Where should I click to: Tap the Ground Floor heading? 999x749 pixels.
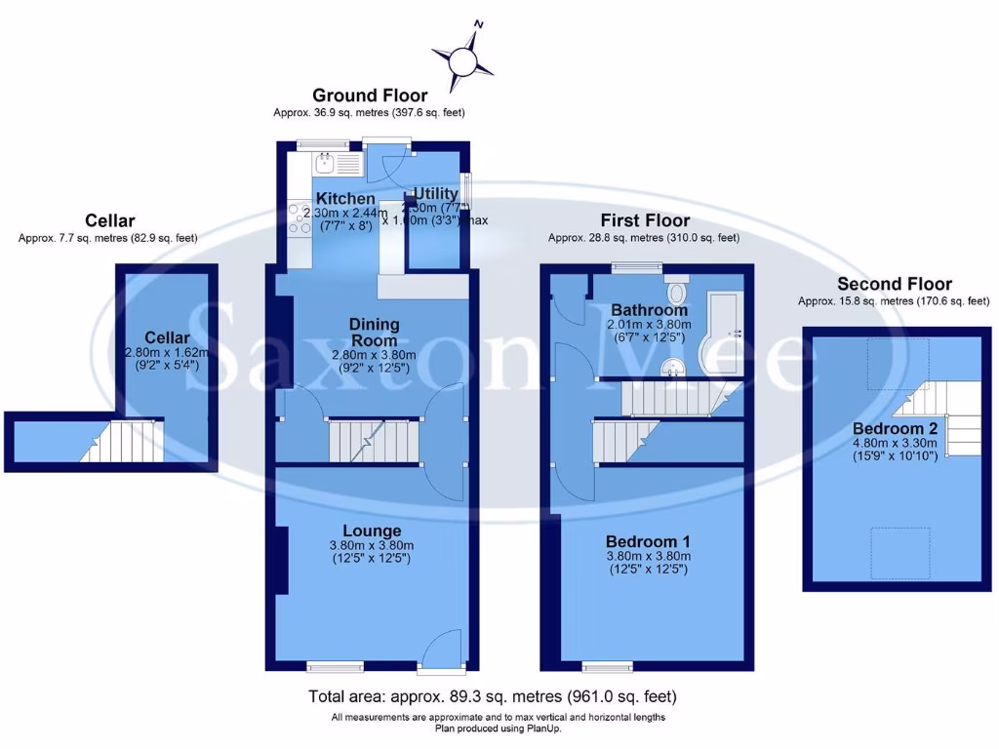coord(369,96)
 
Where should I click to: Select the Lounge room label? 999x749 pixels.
coord(372,531)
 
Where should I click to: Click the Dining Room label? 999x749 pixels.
coord(376,333)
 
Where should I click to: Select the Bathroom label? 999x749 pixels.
coord(644,310)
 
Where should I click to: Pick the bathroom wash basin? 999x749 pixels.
coord(671,366)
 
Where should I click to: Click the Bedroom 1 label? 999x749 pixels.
coord(649,542)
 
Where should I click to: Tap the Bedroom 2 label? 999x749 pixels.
coord(895,429)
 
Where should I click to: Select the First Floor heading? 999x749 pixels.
coord(645,220)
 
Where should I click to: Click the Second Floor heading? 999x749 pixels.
coord(895,285)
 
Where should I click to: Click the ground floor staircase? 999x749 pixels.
coord(373,441)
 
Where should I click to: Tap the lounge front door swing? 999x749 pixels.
coord(445,649)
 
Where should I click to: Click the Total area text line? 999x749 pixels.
coord(493,696)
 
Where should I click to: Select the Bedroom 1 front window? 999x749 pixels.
coord(609,667)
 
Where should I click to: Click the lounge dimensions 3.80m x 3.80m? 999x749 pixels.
coord(372,546)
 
